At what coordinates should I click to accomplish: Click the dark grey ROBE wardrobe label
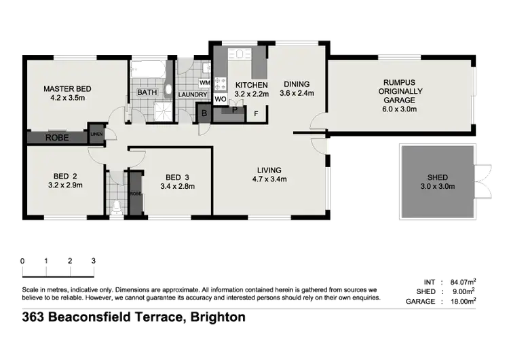click(56, 137)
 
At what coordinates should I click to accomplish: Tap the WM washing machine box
click(204, 82)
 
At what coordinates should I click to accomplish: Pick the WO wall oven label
click(220, 99)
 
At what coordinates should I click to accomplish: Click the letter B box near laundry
click(204, 113)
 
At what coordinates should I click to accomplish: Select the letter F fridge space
click(256, 113)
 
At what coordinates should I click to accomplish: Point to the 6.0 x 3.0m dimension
click(398, 108)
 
